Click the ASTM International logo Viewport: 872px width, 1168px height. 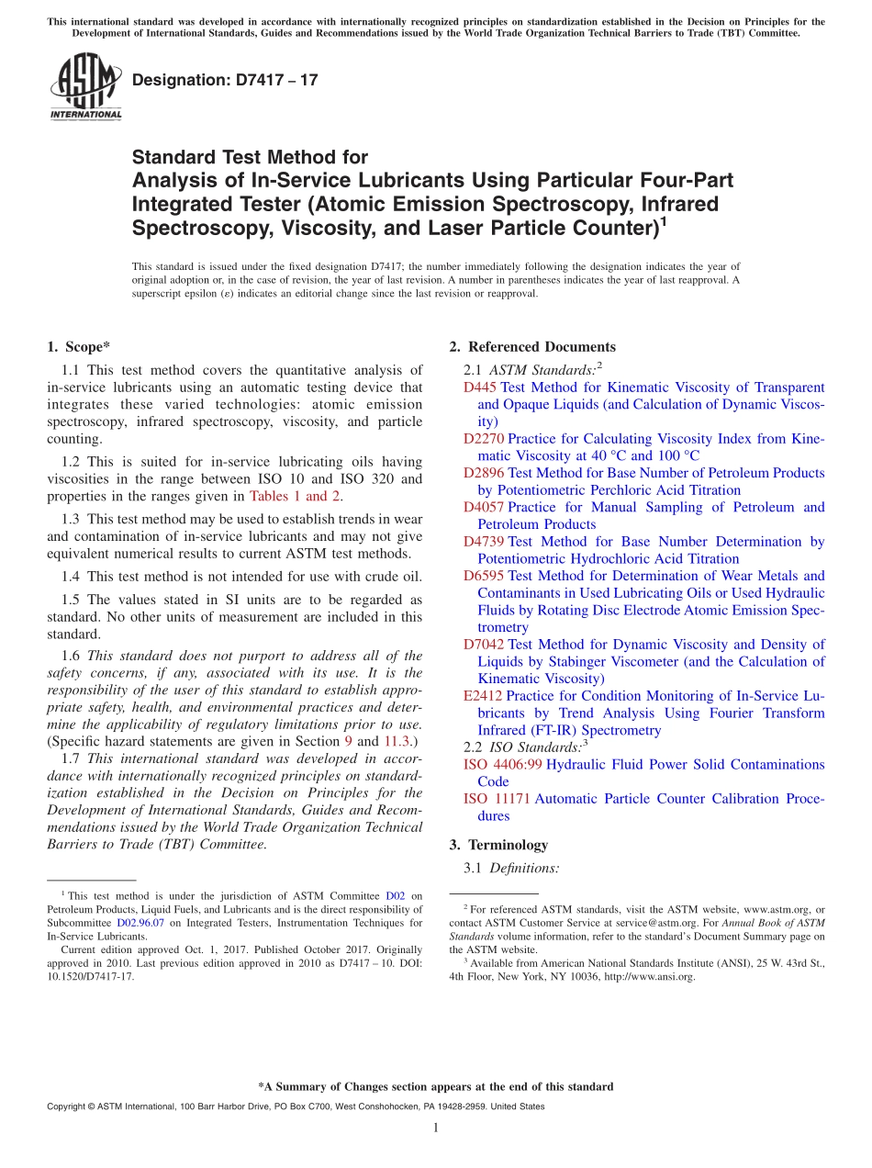(x=85, y=87)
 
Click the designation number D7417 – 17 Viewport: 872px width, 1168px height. (x=225, y=80)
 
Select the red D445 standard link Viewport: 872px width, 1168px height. (x=480, y=387)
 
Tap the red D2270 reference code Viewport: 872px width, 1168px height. (x=484, y=439)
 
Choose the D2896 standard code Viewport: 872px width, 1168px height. (x=484, y=473)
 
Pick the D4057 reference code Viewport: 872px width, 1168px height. (x=484, y=507)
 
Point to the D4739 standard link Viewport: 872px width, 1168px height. (x=484, y=542)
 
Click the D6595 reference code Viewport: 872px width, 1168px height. (x=484, y=576)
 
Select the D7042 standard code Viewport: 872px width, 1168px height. (x=484, y=645)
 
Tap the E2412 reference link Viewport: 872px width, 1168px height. (x=483, y=696)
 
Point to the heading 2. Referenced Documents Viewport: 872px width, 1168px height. (x=532, y=347)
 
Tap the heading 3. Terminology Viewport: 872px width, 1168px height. (x=498, y=845)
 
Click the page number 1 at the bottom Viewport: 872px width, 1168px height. (x=436, y=1128)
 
